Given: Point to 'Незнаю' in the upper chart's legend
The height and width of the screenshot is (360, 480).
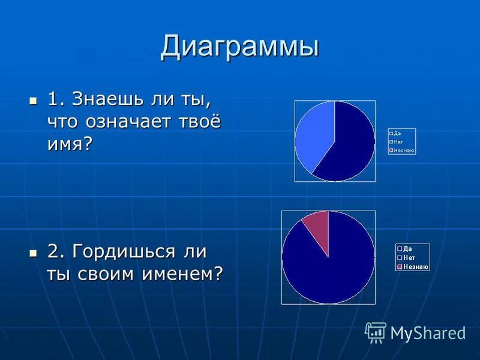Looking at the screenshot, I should (x=403, y=150).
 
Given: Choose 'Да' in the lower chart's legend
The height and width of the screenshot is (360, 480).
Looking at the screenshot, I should (x=407, y=248).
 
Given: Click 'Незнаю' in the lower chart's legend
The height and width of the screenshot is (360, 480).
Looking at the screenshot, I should (x=415, y=266).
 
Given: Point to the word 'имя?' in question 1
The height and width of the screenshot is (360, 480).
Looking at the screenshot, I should (x=70, y=143).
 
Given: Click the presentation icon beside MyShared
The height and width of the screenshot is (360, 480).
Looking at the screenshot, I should (x=376, y=332).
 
